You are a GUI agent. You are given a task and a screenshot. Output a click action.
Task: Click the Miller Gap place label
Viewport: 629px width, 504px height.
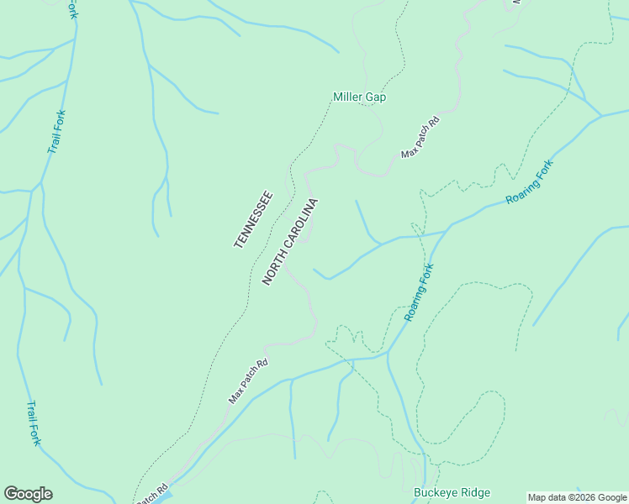359,97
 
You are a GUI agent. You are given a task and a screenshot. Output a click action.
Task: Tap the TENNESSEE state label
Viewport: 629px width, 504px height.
253,219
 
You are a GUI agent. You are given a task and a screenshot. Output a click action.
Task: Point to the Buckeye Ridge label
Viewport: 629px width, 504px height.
452,493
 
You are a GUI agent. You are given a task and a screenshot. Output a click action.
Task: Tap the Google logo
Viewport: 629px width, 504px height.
28,494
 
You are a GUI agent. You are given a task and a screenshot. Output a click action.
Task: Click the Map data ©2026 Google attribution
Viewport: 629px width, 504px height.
577,497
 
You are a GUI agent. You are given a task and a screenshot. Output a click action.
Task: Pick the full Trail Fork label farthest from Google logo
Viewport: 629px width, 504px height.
56,132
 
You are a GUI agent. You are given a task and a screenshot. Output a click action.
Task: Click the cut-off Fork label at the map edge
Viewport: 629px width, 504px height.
73,9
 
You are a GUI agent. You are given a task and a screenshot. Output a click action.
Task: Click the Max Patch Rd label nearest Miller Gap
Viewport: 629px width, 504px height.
420,137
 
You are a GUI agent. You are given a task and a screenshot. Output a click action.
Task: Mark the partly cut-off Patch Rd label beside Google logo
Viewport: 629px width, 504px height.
154,493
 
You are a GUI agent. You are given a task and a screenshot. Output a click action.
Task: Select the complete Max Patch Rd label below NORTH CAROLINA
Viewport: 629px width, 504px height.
248,381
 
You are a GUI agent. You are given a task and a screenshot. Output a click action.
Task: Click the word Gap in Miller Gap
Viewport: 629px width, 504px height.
375,97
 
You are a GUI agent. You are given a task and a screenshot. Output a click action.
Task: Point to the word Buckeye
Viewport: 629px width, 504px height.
434,493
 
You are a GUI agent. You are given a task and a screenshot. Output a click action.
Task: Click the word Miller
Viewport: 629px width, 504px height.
347,97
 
